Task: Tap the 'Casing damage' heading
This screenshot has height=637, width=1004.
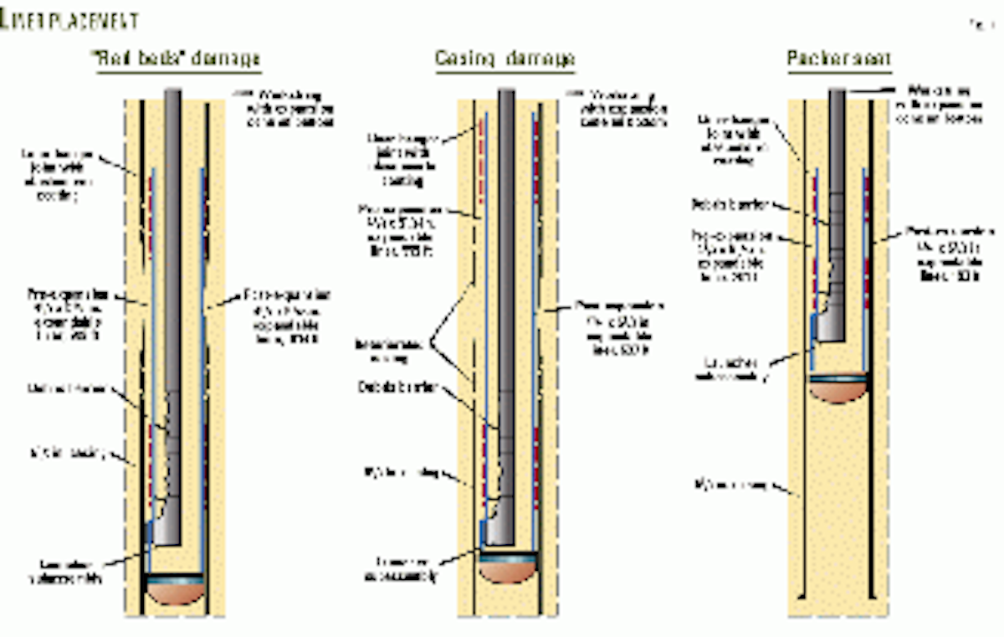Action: coord(505,59)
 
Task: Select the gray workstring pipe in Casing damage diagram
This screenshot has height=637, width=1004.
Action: coord(506,251)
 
